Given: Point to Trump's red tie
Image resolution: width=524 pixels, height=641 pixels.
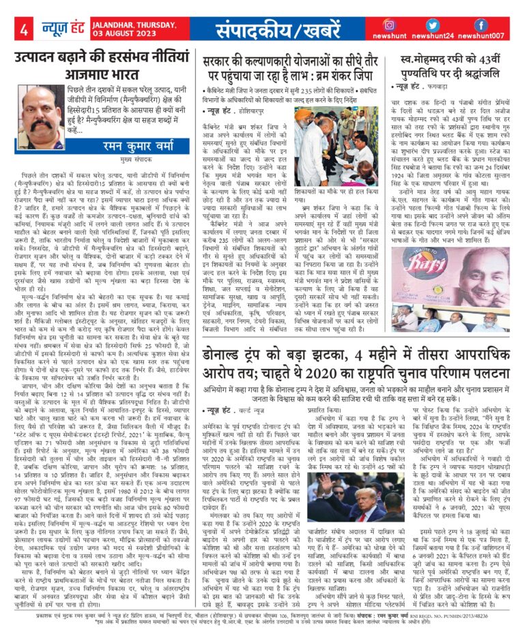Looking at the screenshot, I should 361,530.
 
